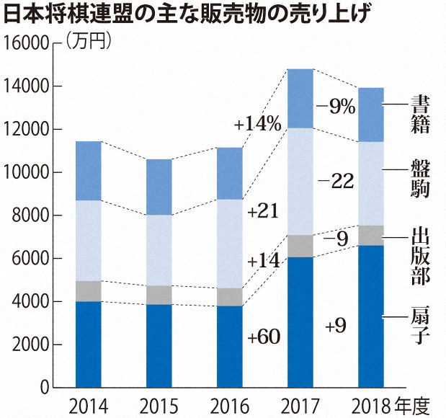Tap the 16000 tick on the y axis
(27, 44)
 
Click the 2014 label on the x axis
(88, 404)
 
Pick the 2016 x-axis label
(229, 404)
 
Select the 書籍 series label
(421, 113)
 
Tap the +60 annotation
(262, 337)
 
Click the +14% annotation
(257, 124)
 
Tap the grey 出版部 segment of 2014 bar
(88, 291)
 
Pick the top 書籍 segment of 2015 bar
(159, 187)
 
